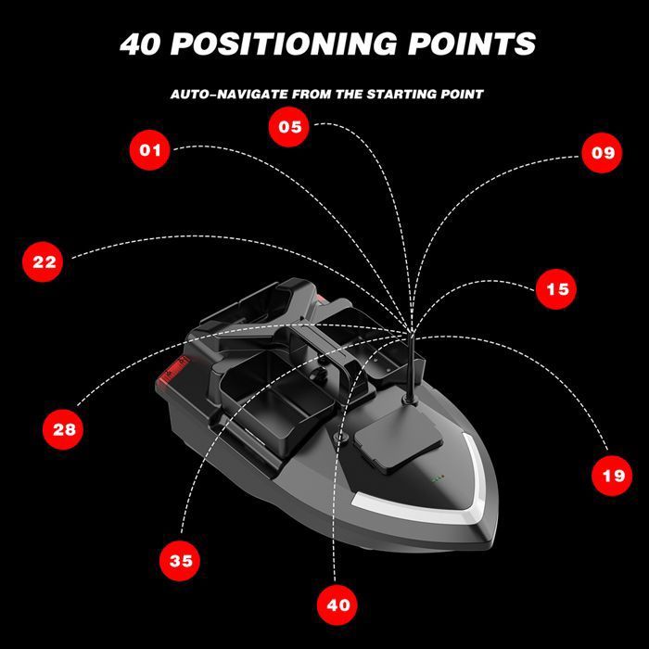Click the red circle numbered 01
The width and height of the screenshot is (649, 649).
(x=150, y=150)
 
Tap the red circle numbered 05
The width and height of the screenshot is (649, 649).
(x=289, y=127)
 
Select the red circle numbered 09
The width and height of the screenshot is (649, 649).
(x=602, y=153)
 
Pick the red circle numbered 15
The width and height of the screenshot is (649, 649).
(x=556, y=289)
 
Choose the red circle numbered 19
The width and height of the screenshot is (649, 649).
(x=612, y=476)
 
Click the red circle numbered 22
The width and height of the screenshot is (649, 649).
(x=43, y=261)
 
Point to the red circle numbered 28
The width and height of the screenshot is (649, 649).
(x=63, y=429)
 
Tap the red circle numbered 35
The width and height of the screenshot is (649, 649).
(x=180, y=561)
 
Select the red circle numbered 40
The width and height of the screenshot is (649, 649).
(x=337, y=604)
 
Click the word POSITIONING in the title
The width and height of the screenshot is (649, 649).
(x=285, y=44)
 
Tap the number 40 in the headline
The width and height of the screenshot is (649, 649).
(x=140, y=44)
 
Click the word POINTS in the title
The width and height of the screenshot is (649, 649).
(x=472, y=44)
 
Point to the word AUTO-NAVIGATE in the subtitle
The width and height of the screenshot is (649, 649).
(x=230, y=95)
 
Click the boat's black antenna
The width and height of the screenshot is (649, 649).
(x=411, y=368)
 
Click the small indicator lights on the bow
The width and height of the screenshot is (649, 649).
(x=438, y=478)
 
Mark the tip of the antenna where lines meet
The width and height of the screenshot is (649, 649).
(x=411, y=332)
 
